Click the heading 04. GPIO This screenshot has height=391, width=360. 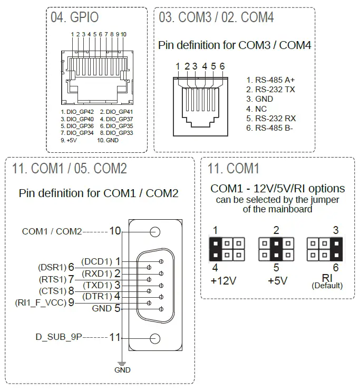coord(75,17)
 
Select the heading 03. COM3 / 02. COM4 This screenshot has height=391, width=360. coord(216,17)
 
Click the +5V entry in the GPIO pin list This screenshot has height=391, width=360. coord(70,141)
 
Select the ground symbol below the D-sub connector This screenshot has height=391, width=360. coord(122,363)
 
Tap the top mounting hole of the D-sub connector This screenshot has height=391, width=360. coord(155,231)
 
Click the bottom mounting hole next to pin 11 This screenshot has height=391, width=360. coord(155,339)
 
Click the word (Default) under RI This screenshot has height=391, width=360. coord(327,286)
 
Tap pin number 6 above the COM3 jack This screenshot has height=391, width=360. coord(222,66)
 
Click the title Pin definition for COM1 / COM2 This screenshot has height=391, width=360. coord(99,193)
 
